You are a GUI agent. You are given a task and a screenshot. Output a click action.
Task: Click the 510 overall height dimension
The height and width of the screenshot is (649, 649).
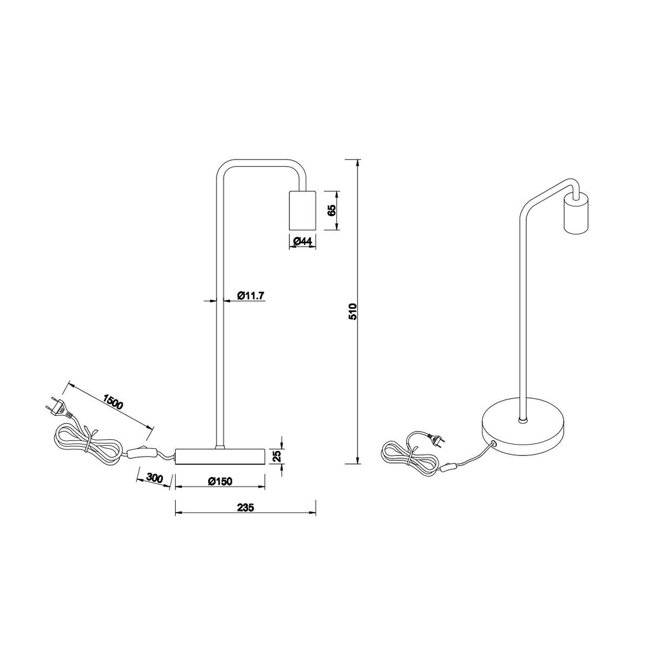(x=352, y=312)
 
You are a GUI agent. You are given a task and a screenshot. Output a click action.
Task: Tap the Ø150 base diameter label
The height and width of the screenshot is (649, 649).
(x=220, y=481)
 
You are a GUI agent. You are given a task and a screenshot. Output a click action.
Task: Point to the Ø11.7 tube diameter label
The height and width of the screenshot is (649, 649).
(x=251, y=296)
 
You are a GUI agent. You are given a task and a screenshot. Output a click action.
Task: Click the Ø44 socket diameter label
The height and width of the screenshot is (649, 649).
(x=303, y=241)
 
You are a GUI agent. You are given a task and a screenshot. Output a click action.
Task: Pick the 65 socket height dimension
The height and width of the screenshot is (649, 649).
(x=332, y=210)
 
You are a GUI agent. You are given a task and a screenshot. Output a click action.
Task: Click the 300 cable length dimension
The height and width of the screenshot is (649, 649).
(x=155, y=478)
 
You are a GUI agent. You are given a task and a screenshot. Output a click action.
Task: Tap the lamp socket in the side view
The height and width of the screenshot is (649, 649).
(x=302, y=210)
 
